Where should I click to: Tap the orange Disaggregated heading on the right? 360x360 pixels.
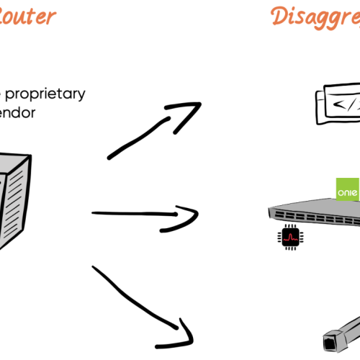point(317,16)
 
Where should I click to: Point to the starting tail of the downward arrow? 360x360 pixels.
point(94,269)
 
